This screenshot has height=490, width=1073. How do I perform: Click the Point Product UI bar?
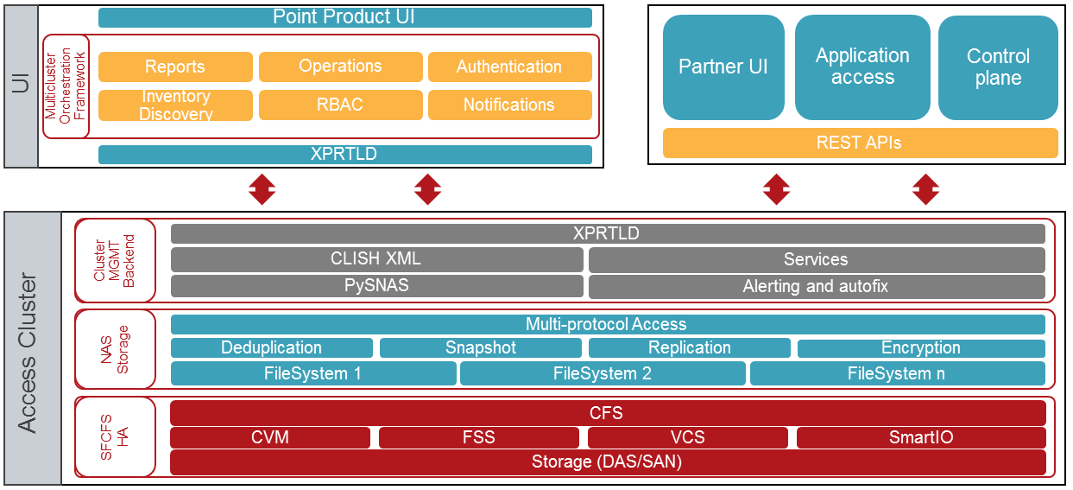pos(344,17)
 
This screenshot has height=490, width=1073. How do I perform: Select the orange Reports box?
pos(175,67)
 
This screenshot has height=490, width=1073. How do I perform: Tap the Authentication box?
pos(509,67)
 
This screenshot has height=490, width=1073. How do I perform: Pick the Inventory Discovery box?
pos(175,105)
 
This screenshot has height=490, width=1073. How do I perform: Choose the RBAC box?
pos(340,105)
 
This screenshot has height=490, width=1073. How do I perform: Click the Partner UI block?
pos(723,67)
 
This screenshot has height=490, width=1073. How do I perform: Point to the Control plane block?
pos(998,67)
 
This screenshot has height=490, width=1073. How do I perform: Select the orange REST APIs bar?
pos(860,143)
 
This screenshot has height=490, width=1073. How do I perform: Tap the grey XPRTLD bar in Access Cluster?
pos(607,233)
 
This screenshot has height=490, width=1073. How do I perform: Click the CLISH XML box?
pos(376,259)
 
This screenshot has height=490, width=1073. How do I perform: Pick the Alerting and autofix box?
pos(816,286)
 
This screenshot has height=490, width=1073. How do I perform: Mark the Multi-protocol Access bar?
pos(607,324)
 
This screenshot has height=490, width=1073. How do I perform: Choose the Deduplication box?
pos(271,347)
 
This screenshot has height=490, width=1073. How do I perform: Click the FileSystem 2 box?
pos(602,373)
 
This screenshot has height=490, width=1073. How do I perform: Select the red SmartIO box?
pos(921,437)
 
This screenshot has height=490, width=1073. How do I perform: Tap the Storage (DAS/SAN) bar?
pos(607,461)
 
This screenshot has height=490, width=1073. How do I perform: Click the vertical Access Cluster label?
pos(28,353)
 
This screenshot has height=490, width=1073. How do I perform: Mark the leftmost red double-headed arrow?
pos(262,188)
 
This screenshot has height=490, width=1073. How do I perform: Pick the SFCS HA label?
pos(114,437)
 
